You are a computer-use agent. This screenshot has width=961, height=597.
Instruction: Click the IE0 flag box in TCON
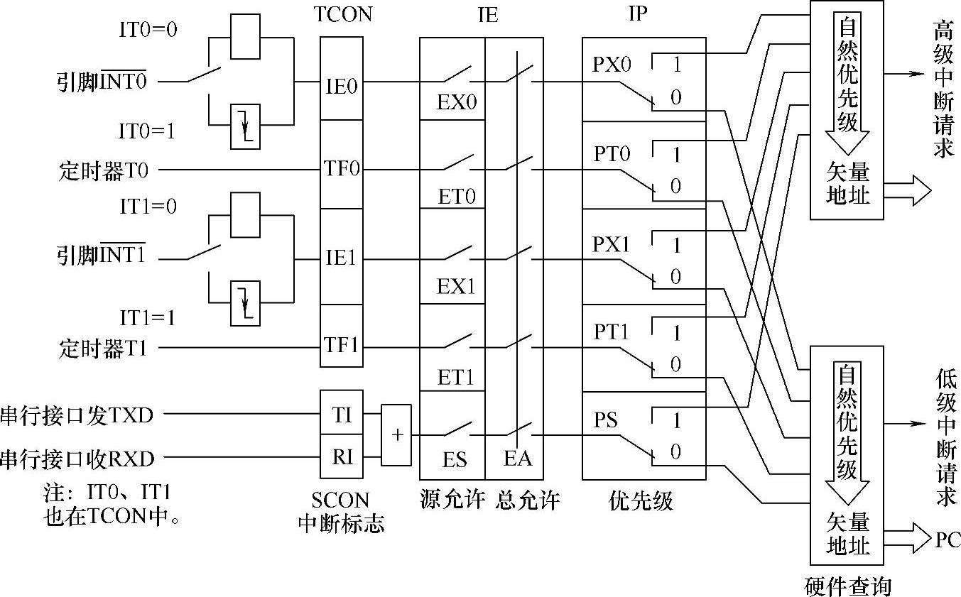tap(342, 86)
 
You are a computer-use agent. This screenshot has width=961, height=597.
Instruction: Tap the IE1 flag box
tap(342, 258)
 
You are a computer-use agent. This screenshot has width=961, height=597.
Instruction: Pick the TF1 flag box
tap(342, 346)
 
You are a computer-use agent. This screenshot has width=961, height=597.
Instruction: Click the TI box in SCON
tap(342, 415)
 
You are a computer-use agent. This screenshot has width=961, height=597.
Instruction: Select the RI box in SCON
tap(342, 457)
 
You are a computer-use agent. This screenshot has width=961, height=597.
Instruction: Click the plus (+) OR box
tap(396, 435)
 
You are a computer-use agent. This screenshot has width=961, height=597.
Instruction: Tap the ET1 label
tap(455, 378)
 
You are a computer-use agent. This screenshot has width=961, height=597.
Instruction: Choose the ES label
tap(455, 460)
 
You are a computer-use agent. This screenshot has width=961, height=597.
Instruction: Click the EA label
tap(518, 459)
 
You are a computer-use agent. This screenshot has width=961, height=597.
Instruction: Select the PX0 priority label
tap(612, 65)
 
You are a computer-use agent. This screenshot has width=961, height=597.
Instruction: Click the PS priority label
tap(605, 421)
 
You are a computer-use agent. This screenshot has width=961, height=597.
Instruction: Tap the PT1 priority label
tap(611, 332)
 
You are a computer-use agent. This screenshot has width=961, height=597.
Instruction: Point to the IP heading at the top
tap(639, 14)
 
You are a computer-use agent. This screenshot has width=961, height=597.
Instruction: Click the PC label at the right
tap(948, 540)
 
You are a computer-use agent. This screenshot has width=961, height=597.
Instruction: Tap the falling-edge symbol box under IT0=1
tap(246, 127)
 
